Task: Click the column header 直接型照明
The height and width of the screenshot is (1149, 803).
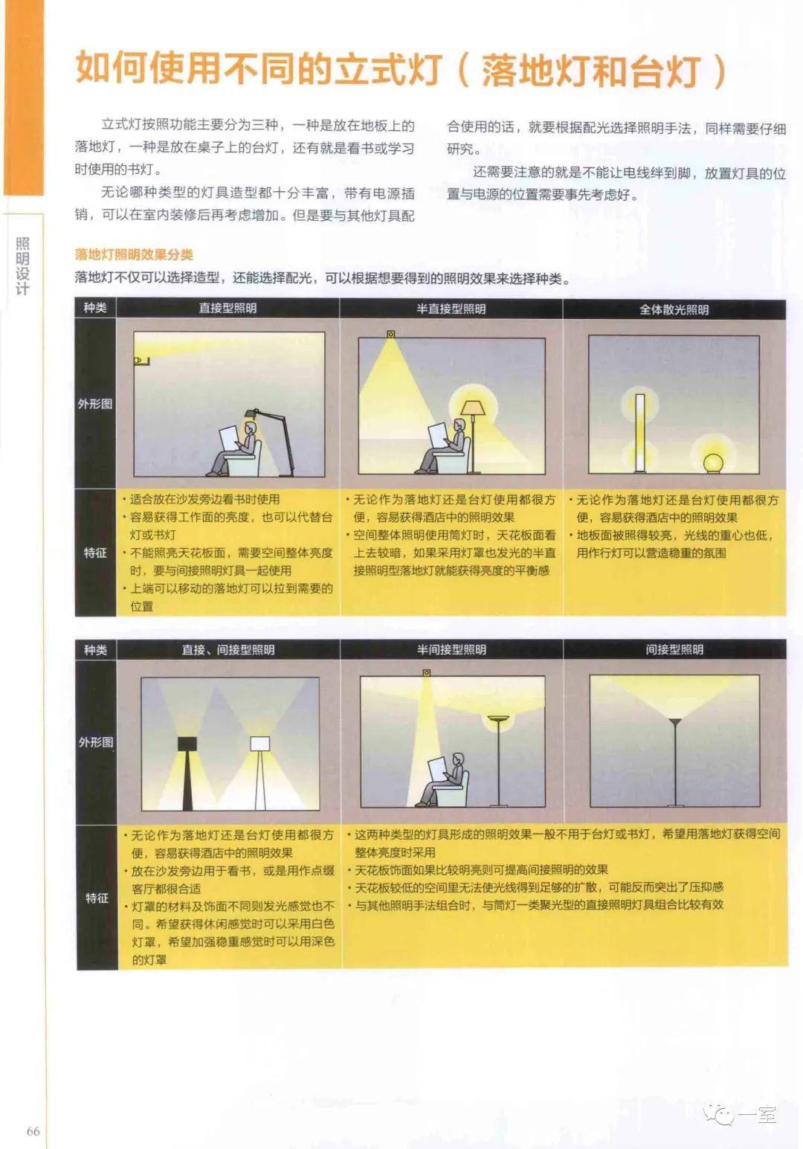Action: pos(228,309)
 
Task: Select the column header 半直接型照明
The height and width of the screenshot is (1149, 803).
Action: pos(451,309)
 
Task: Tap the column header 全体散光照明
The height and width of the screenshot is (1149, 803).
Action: pos(674,309)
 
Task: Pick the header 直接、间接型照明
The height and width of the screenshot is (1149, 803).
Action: pos(228,649)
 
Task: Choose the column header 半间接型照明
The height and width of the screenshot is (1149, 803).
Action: pos(451,649)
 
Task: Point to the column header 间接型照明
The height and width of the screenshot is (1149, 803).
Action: pos(674,649)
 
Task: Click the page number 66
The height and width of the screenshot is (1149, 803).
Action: pos(33,1131)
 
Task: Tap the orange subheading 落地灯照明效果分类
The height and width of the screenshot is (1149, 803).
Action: pos(134,254)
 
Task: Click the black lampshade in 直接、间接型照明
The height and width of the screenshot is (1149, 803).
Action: pos(187,743)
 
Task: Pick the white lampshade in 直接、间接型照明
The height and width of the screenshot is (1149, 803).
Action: pos(260,743)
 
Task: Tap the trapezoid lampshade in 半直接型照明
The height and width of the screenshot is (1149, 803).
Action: pos(473,408)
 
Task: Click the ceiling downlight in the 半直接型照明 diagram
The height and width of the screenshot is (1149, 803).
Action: pos(391,334)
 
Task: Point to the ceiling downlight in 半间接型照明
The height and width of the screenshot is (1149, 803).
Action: pos(427,672)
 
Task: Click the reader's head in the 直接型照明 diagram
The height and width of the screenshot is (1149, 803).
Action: pos(251,428)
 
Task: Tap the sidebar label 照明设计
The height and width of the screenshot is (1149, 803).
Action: pos(22,265)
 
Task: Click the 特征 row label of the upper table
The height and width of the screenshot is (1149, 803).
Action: pos(95,553)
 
